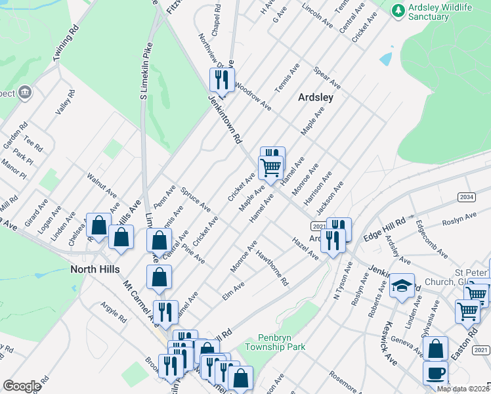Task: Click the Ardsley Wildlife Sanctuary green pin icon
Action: (398, 11)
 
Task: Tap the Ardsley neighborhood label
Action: (316, 97)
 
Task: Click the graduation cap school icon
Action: (402, 286)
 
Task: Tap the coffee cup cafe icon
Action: (436, 374)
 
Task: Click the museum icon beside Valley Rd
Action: (26, 91)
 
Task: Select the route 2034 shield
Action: (466, 197)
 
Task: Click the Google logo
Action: (22, 386)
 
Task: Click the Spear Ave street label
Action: (326, 76)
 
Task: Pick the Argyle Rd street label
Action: (113, 313)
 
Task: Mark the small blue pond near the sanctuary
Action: (385, 59)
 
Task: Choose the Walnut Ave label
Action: (102, 186)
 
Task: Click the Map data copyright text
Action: (463, 389)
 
